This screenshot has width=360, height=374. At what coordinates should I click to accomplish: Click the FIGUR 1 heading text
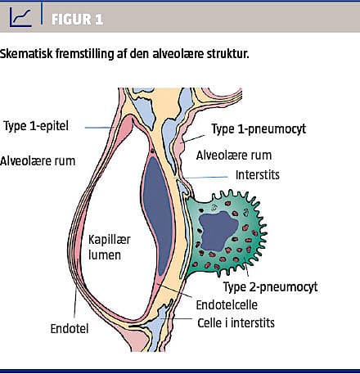tap(77, 20)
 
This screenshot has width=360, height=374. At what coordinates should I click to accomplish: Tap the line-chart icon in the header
tap(20, 17)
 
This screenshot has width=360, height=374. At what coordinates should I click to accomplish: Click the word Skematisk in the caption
tap(26, 53)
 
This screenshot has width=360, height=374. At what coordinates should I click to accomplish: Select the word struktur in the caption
tap(227, 53)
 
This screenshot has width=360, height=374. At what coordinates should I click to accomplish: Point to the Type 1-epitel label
tap(36, 126)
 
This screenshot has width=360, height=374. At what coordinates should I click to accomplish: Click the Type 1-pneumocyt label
tap(259, 128)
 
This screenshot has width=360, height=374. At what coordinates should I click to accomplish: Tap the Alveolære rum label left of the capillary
tap(38, 160)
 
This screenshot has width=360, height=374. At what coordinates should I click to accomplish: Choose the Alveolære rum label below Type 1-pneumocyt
tap(234, 155)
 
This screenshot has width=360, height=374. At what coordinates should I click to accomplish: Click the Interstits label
tap(258, 175)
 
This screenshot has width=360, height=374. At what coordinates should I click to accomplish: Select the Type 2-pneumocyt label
tap(270, 286)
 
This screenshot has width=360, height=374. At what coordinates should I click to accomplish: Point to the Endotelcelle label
tap(227, 304)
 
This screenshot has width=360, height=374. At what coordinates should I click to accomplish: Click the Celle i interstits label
tap(236, 322)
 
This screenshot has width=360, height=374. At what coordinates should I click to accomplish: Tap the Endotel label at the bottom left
tap(70, 328)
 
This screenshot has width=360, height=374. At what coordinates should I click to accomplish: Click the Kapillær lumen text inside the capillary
tap(109, 247)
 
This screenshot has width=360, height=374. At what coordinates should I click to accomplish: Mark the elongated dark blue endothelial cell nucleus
tap(158, 215)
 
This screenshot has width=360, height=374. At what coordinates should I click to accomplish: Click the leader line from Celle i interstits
tap(176, 318)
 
